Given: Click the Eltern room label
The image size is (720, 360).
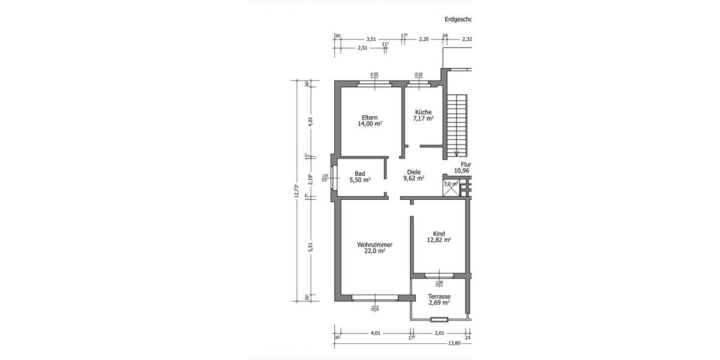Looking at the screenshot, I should (370, 117).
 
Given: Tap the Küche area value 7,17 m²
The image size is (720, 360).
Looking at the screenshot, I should (422, 119).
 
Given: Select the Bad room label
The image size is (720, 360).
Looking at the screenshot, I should (360, 173).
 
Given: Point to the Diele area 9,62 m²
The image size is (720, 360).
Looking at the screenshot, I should (413, 178).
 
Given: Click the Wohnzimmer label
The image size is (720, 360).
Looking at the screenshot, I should (374, 244).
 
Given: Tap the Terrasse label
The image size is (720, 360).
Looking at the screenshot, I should (439, 296).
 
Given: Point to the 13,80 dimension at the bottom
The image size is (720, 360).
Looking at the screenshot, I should (454, 343).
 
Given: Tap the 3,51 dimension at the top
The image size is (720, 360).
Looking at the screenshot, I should (371, 39).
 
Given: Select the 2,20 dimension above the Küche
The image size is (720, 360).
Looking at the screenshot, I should (424, 39).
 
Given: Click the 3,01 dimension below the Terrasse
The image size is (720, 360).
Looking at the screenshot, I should (439, 333).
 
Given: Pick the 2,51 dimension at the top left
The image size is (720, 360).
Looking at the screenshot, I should (362, 48).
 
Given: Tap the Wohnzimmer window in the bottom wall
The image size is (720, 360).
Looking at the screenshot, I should (375, 297).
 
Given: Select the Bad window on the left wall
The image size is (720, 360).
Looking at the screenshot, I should (334, 177).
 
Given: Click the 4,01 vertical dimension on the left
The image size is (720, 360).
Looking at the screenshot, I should (310, 121).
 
